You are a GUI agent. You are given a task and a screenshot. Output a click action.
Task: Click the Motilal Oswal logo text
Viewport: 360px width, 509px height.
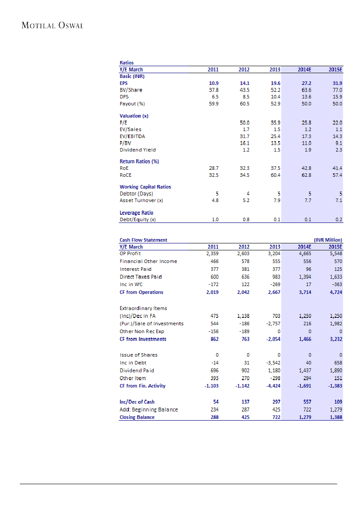tap(52, 25)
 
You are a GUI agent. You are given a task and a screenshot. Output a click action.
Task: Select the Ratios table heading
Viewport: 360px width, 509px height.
tap(127, 63)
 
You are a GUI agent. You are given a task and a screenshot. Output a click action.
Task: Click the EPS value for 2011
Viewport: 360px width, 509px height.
tap(214, 83)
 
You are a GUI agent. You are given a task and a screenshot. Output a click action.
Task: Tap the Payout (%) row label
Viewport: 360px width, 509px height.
tap(132, 104)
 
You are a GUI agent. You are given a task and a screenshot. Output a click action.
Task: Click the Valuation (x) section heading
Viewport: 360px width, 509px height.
tap(134, 116)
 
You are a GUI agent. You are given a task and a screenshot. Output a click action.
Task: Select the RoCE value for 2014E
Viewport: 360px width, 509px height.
tap(306, 175)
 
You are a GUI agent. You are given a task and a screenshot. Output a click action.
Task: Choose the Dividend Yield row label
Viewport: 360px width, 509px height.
tap(138, 150)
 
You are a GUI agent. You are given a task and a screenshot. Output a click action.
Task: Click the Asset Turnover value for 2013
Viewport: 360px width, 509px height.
tap(276, 200)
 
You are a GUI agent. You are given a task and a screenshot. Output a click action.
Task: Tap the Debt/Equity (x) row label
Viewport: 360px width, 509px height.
tap(138, 219)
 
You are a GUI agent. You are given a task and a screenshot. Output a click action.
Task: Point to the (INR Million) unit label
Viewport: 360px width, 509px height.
tap(328, 239)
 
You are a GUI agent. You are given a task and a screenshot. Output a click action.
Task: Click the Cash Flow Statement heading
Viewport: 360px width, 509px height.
tap(143, 239)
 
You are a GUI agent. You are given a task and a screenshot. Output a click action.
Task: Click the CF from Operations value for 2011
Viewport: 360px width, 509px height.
tap(212, 292)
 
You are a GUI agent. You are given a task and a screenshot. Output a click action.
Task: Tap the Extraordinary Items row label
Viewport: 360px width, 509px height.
tap(143, 308)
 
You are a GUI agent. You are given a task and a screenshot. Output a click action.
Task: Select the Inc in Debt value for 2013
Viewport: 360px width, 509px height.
tap(273, 362)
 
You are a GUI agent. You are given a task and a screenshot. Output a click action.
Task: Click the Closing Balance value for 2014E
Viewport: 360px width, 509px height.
tap(305, 417)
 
